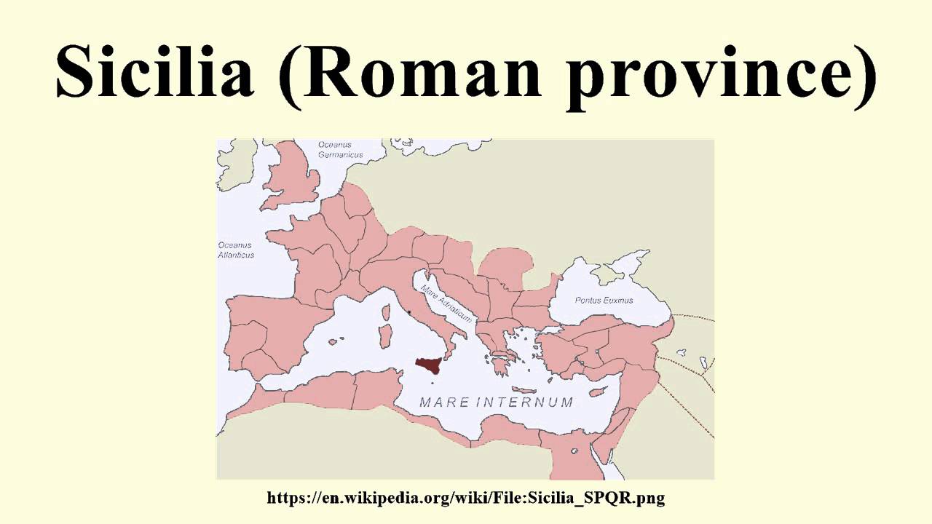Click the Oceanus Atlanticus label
coord(237,250)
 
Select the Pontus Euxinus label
coord(604,300)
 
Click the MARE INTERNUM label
coord(497,402)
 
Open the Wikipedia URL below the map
coord(466,498)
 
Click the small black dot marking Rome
coord(409,313)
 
